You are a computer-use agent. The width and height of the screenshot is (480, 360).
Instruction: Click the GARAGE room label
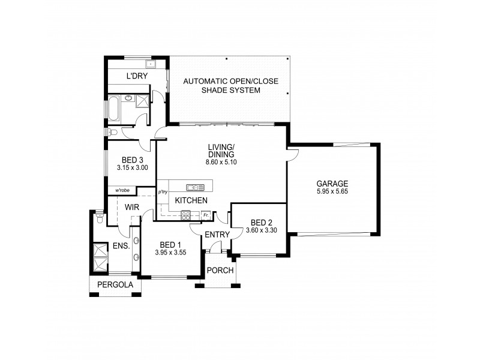click(x=332, y=184)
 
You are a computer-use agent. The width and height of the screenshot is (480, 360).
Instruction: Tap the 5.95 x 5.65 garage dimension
click(x=332, y=191)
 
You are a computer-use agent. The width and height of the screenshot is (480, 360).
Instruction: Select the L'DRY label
click(x=136, y=76)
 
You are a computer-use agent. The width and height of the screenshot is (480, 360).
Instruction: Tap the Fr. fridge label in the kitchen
click(x=206, y=215)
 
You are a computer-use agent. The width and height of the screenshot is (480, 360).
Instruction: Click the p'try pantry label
click(x=162, y=192)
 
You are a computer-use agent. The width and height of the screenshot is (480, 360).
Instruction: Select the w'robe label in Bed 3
click(x=122, y=190)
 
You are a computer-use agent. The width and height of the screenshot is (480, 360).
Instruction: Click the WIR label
click(x=133, y=207)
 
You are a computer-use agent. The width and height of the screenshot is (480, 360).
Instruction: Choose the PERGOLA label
click(x=115, y=286)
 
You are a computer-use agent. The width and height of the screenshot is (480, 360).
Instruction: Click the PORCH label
click(x=220, y=270)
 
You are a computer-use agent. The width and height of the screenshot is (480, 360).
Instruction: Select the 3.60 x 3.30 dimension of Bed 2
click(x=260, y=230)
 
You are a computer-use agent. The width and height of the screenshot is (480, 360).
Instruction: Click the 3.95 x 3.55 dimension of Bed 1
click(x=171, y=253)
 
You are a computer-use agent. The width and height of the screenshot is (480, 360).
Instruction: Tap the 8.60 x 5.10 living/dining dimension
click(x=220, y=162)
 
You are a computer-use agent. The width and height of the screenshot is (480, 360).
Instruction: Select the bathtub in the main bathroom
click(x=113, y=109)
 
